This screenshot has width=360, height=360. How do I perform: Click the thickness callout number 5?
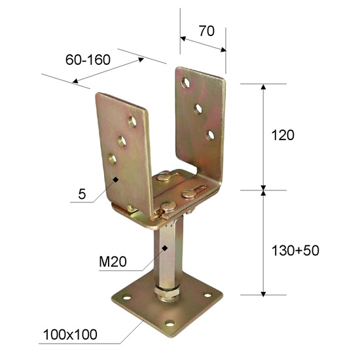click(81, 194)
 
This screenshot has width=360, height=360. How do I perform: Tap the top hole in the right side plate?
click(187, 83)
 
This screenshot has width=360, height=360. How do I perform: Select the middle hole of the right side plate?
click(199, 107)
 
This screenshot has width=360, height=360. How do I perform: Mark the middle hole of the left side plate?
click(121, 139)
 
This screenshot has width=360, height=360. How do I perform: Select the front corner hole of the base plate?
click(171, 323)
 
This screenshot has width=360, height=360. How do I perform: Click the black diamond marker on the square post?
click(166, 247)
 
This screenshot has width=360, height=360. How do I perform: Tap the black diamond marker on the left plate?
click(116, 179)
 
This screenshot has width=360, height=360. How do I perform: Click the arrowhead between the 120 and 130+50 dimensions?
click(264, 190)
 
